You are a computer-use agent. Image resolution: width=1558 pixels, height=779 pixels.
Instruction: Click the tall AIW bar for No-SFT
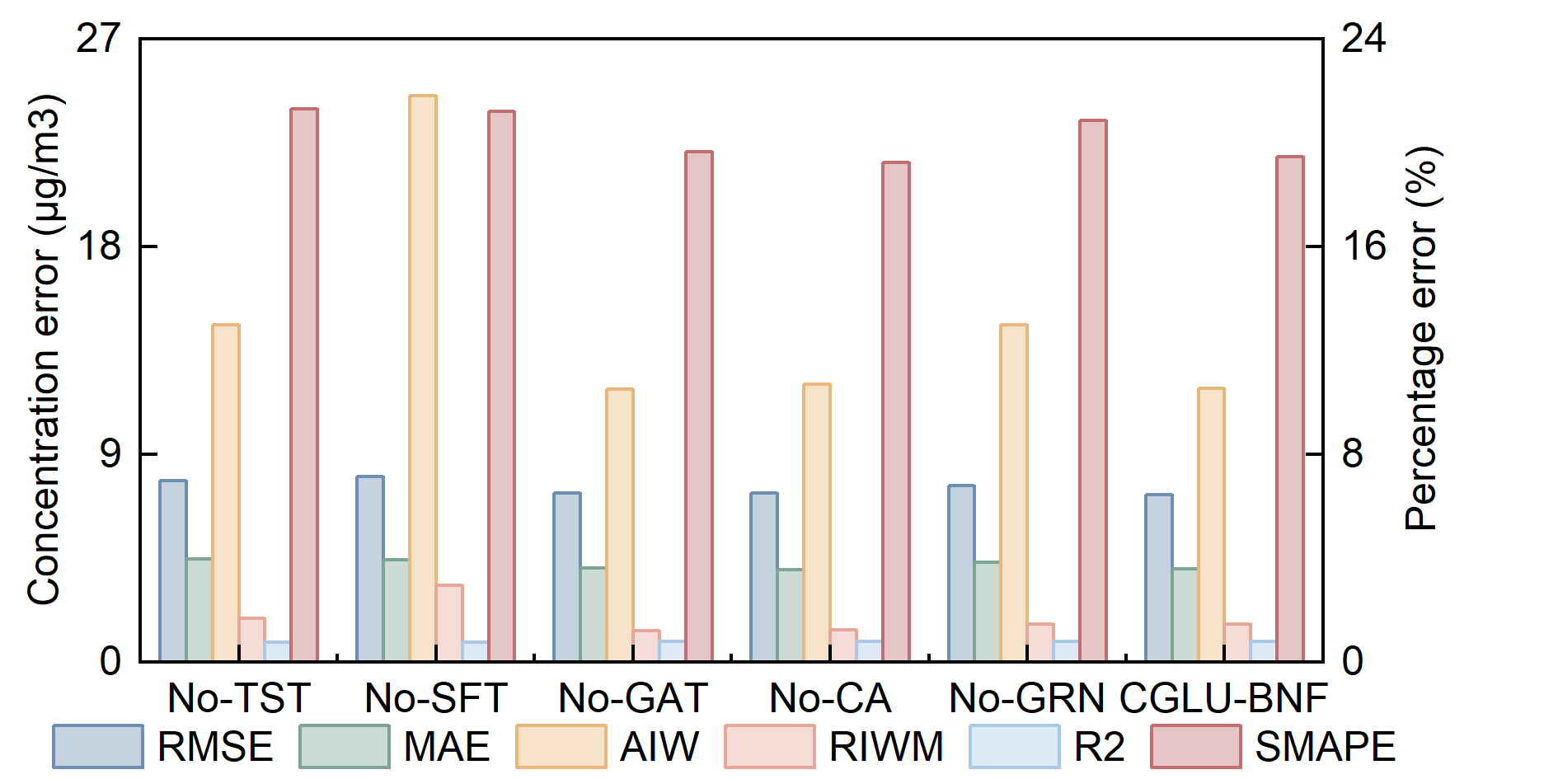(423, 378)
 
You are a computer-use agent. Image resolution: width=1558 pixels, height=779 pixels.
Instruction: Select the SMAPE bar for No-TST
(304, 385)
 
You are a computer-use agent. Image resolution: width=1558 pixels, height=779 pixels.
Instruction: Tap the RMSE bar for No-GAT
(567, 577)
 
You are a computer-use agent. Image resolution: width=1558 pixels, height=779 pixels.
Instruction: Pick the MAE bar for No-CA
(791, 615)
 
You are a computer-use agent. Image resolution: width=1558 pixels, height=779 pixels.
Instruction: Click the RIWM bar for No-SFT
(449, 623)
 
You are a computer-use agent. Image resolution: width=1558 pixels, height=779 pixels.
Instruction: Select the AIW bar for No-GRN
(1014, 493)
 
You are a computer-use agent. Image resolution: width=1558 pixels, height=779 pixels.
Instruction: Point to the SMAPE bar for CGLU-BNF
(1290, 409)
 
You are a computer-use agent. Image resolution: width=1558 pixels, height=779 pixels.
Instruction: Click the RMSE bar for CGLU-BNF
(1158, 578)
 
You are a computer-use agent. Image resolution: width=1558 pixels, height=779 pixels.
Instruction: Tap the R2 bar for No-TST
(278, 651)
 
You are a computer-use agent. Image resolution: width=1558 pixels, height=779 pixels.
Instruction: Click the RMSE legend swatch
(98, 747)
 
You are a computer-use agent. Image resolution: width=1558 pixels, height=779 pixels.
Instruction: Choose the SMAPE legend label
(1325, 747)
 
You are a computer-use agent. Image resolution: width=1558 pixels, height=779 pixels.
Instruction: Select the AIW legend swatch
(561, 747)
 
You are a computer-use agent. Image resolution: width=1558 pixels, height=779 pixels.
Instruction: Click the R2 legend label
(1100, 747)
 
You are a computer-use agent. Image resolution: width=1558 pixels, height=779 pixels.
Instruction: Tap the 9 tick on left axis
(110, 453)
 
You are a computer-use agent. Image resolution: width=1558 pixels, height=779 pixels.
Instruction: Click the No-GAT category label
(633, 698)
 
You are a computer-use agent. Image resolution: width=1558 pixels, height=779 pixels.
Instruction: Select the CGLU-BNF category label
(1223, 698)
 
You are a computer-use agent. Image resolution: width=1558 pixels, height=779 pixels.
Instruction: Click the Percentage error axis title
(1421, 338)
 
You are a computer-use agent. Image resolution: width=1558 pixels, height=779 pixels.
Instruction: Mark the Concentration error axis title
(45, 350)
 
